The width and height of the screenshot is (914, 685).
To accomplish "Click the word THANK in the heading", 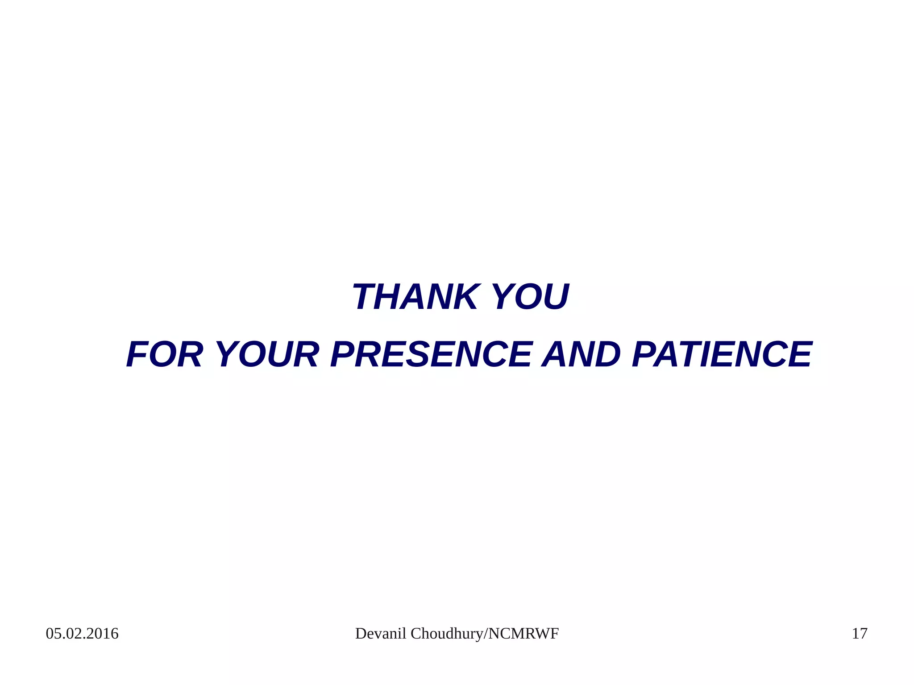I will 415,297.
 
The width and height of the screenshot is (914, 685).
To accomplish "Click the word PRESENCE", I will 431,355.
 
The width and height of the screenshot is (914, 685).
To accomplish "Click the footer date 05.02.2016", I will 82,634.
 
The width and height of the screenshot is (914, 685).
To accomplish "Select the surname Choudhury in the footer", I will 447,634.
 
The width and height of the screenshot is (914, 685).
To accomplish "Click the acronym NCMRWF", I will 523,634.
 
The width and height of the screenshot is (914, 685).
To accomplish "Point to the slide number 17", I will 860,634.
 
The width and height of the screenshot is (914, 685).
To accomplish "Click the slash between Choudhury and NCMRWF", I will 486,634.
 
